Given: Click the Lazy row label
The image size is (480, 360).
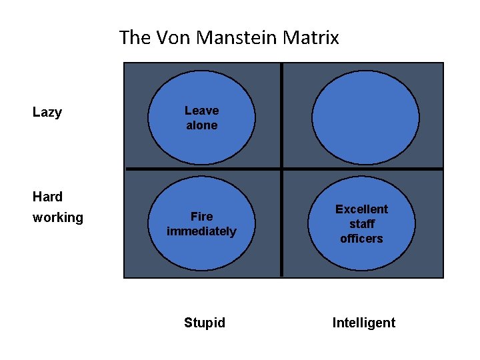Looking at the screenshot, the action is (47, 112).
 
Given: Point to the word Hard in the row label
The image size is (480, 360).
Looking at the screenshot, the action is (47, 197).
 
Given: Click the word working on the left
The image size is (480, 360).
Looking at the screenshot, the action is (58, 217).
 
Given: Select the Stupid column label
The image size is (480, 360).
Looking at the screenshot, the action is (205, 323).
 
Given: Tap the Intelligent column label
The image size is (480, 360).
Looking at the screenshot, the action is (364, 323).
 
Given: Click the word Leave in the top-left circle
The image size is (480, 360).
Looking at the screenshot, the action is (201, 111).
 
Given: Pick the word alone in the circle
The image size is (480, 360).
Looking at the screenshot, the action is (201, 125).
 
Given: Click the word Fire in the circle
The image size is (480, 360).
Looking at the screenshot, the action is (201, 217).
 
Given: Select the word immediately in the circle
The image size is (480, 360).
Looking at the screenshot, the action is (201, 231).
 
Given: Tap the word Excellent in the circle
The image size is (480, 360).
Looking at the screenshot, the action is (361, 209).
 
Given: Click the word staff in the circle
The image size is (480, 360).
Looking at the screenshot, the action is (361, 224).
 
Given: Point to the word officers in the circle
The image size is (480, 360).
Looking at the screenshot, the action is (361, 239).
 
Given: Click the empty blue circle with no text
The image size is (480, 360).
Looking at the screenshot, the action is (365, 117).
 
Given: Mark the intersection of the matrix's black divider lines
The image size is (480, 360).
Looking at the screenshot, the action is (282, 169).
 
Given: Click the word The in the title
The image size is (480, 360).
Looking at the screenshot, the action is (135, 38).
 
